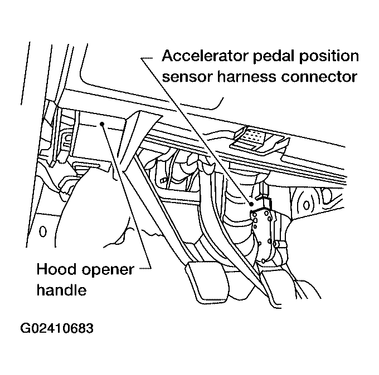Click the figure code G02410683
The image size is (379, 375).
coord(57,328)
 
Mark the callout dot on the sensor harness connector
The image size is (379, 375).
coord(252,204)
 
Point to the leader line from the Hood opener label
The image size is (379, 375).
coord(128,200)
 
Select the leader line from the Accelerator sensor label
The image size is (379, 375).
coord(195,128)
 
